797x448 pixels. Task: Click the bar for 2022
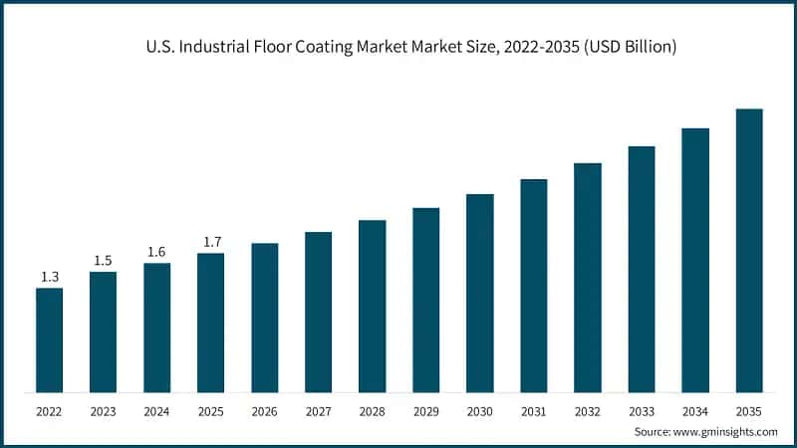pos(49,339)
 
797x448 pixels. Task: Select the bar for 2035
pos(748,250)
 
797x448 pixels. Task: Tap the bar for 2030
pos(479,293)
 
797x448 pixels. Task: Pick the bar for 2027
pos(318,312)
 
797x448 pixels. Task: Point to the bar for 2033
pos(641,269)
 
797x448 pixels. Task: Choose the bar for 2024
pos(156,328)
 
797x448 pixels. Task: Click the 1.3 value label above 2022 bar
pos(49,277)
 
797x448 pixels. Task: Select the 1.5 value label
pos(103,260)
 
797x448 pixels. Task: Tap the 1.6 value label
pos(156,252)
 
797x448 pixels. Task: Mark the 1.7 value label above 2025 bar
pos(210,242)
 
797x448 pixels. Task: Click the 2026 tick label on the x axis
pos(264,409)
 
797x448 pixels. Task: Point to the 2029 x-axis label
pos(425,409)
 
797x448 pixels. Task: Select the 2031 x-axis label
pos(533,409)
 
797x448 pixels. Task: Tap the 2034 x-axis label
pos(694,409)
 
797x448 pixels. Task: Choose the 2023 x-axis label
pos(103,409)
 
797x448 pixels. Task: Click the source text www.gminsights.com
pos(727,431)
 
